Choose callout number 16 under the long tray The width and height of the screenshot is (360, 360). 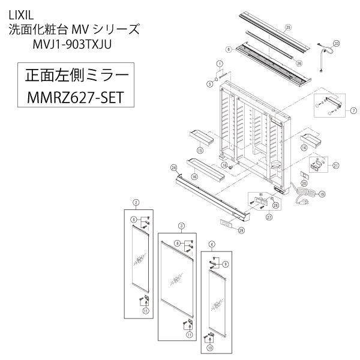(x=194, y=178)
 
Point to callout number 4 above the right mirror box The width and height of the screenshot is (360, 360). (x=211, y=244)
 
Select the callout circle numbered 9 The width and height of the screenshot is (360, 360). (x=224, y=264)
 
